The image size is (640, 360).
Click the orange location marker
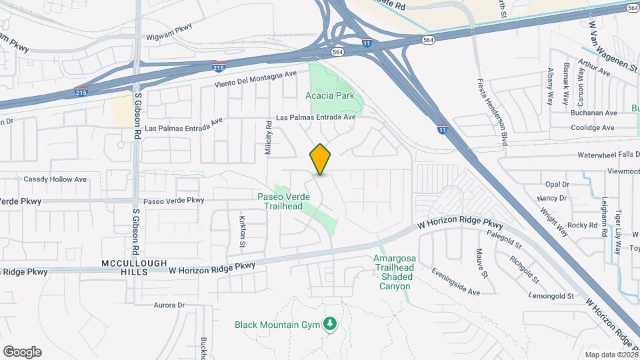coord(320,159)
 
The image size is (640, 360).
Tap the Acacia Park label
coord(330,96)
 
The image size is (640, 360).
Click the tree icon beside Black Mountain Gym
coord(329,325)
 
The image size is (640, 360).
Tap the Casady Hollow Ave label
coord(55,179)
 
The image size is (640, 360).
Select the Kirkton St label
coord(243,230)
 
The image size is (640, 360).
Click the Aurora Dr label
coord(169,305)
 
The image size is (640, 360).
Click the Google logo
coord(22,352)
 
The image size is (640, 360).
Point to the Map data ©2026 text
coord(611,355)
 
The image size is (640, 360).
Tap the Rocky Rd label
coord(583,225)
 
